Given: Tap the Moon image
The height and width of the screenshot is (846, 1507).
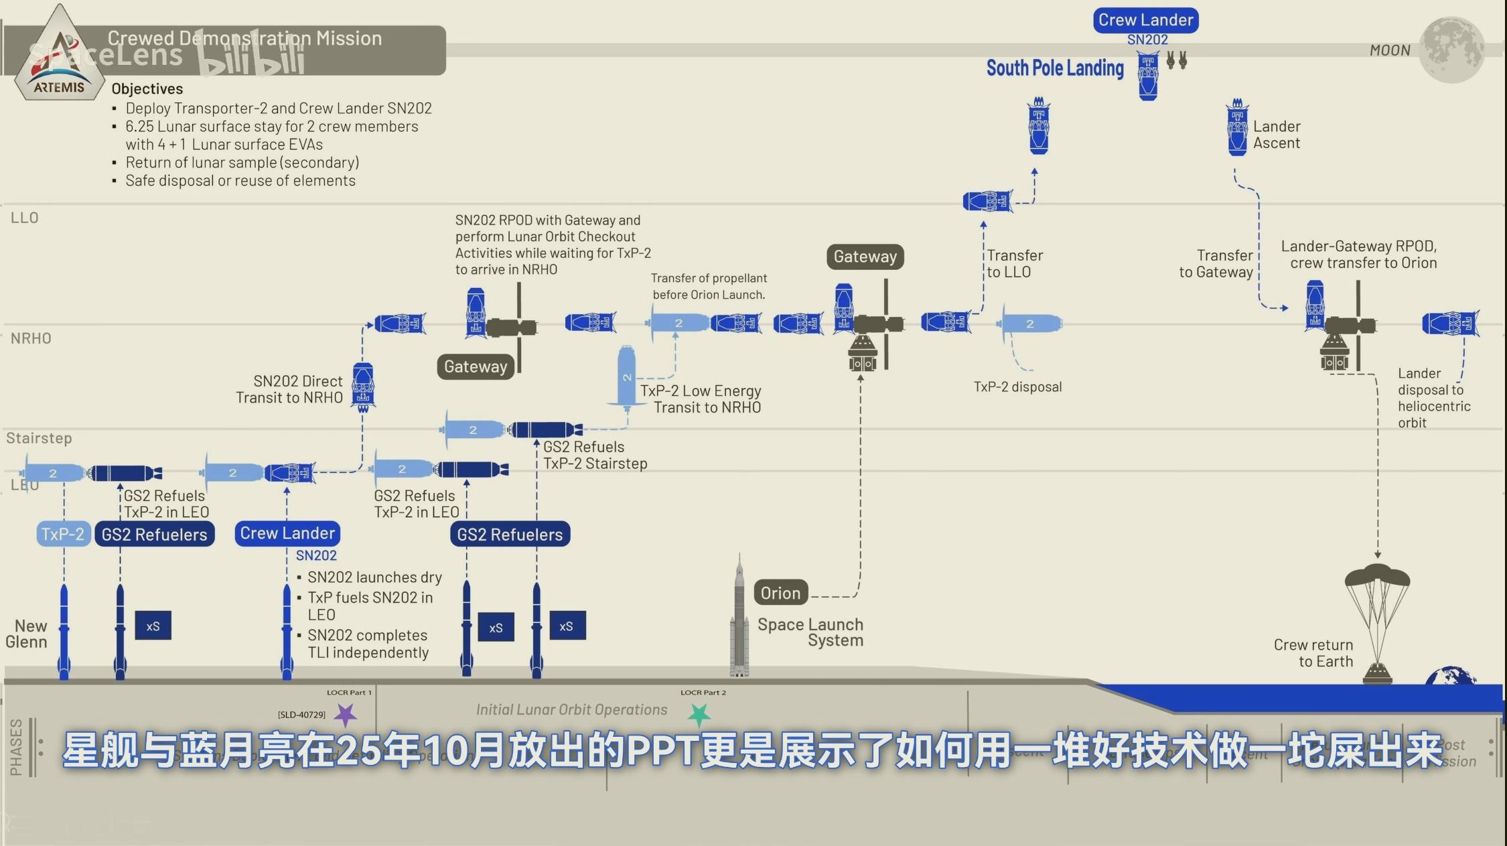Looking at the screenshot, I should point(1451,49).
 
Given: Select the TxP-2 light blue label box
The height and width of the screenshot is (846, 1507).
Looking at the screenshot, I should point(63,534).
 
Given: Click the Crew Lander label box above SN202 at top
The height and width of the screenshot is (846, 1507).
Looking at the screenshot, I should point(1146,20).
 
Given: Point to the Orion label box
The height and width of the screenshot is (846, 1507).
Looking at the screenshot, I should point(780,593).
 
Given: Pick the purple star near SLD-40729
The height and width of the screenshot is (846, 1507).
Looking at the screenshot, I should point(346,715).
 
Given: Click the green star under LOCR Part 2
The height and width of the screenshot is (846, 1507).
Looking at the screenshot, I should point(699,715).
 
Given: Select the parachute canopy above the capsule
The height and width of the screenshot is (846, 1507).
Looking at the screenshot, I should point(1377,576).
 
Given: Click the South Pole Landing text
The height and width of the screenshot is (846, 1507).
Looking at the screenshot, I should point(1055,68).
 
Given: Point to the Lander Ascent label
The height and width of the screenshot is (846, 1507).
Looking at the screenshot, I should point(1277,135).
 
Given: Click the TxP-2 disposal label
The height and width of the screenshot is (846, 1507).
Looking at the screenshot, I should point(1017,387).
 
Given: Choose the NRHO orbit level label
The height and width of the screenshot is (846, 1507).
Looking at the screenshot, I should point(31,338).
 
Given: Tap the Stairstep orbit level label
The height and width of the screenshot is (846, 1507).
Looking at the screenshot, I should point(39,438).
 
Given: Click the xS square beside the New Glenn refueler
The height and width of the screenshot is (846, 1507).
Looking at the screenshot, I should point(153,626).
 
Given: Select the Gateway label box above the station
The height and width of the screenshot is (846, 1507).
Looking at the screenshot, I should point(865,257).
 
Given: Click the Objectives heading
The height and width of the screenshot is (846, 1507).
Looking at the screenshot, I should point(147,88).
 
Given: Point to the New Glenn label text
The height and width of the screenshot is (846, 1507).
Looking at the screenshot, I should point(27,634).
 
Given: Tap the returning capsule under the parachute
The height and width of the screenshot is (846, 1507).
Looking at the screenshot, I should point(1377,672).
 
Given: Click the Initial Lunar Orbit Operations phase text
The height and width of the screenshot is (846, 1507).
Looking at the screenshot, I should point(571,709).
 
